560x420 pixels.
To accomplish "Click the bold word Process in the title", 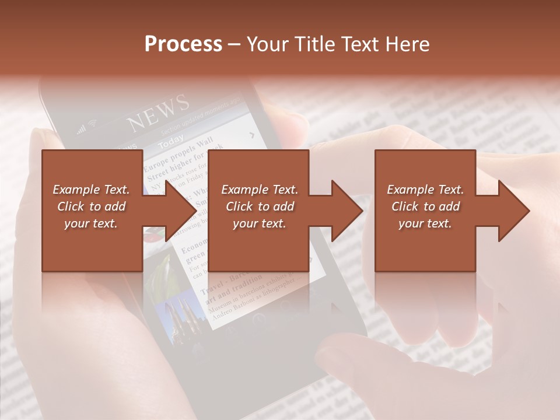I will pos(183,44).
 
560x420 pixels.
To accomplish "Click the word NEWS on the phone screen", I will pos(159,113).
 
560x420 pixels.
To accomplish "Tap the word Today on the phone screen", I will pos(171,141).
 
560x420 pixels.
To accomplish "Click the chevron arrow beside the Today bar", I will pos(252,135).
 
